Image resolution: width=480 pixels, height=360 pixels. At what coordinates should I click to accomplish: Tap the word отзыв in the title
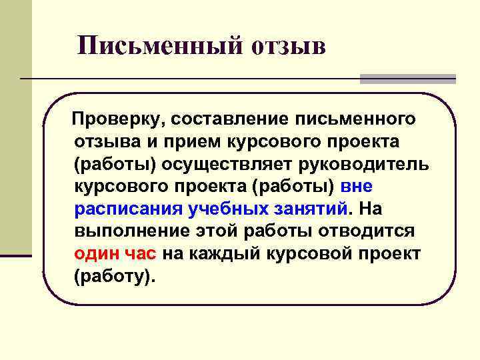(x=289, y=46)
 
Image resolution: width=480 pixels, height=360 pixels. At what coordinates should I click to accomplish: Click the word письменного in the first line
(x=359, y=119)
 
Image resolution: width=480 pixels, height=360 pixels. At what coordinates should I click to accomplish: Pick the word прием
(x=193, y=141)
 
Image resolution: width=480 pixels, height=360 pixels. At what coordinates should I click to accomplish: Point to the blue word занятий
(x=310, y=209)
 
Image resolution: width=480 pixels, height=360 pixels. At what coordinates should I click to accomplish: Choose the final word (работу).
(x=114, y=276)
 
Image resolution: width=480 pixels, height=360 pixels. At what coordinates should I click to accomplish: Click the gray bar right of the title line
(x=407, y=79)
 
